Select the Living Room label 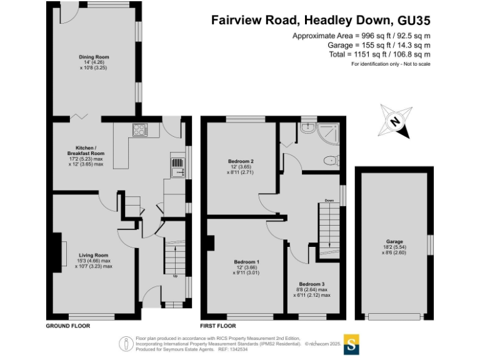click(94, 255)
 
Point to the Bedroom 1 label click(246, 261)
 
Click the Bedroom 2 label click(241, 161)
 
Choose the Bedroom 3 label click(312, 283)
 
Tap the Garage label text click(394, 241)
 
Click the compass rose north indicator click(394, 122)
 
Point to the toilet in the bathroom click(329, 161)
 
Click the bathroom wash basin click(307, 127)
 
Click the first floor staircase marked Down click(327, 225)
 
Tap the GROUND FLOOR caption click(68, 326)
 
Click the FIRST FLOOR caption click(217, 326)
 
